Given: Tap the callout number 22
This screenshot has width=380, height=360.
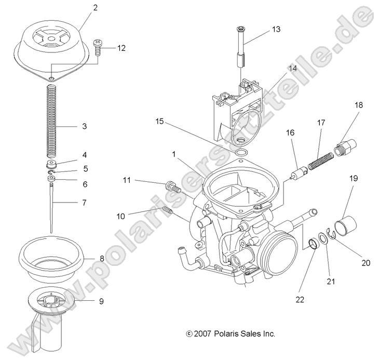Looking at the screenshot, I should (x=300, y=300).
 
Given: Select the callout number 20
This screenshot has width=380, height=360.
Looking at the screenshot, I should (x=366, y=263).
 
